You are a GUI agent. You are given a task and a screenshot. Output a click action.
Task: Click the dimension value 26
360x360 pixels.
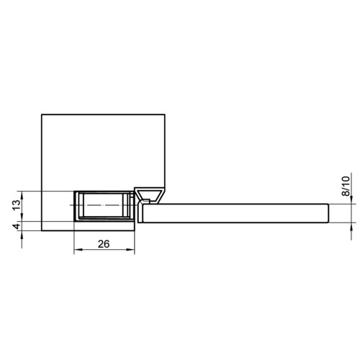click(104, 244)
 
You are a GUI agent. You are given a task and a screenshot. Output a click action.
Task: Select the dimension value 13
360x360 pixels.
click(17, 205)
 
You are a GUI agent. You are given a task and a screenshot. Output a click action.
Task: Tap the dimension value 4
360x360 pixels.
click(17, 226)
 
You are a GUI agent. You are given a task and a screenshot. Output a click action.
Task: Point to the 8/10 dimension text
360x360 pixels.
click(346, 186)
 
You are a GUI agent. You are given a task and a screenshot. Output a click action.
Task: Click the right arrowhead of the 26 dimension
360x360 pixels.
click(130, 250)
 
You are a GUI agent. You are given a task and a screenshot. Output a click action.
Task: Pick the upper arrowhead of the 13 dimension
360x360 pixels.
click(22, 196)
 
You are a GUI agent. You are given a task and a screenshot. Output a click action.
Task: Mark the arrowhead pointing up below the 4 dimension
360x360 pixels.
click(22, 235)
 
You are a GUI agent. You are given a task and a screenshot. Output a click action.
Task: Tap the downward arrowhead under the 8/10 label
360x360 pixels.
click(351, 199)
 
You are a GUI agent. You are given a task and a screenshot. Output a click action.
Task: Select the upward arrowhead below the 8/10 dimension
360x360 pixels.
click(351, 227)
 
